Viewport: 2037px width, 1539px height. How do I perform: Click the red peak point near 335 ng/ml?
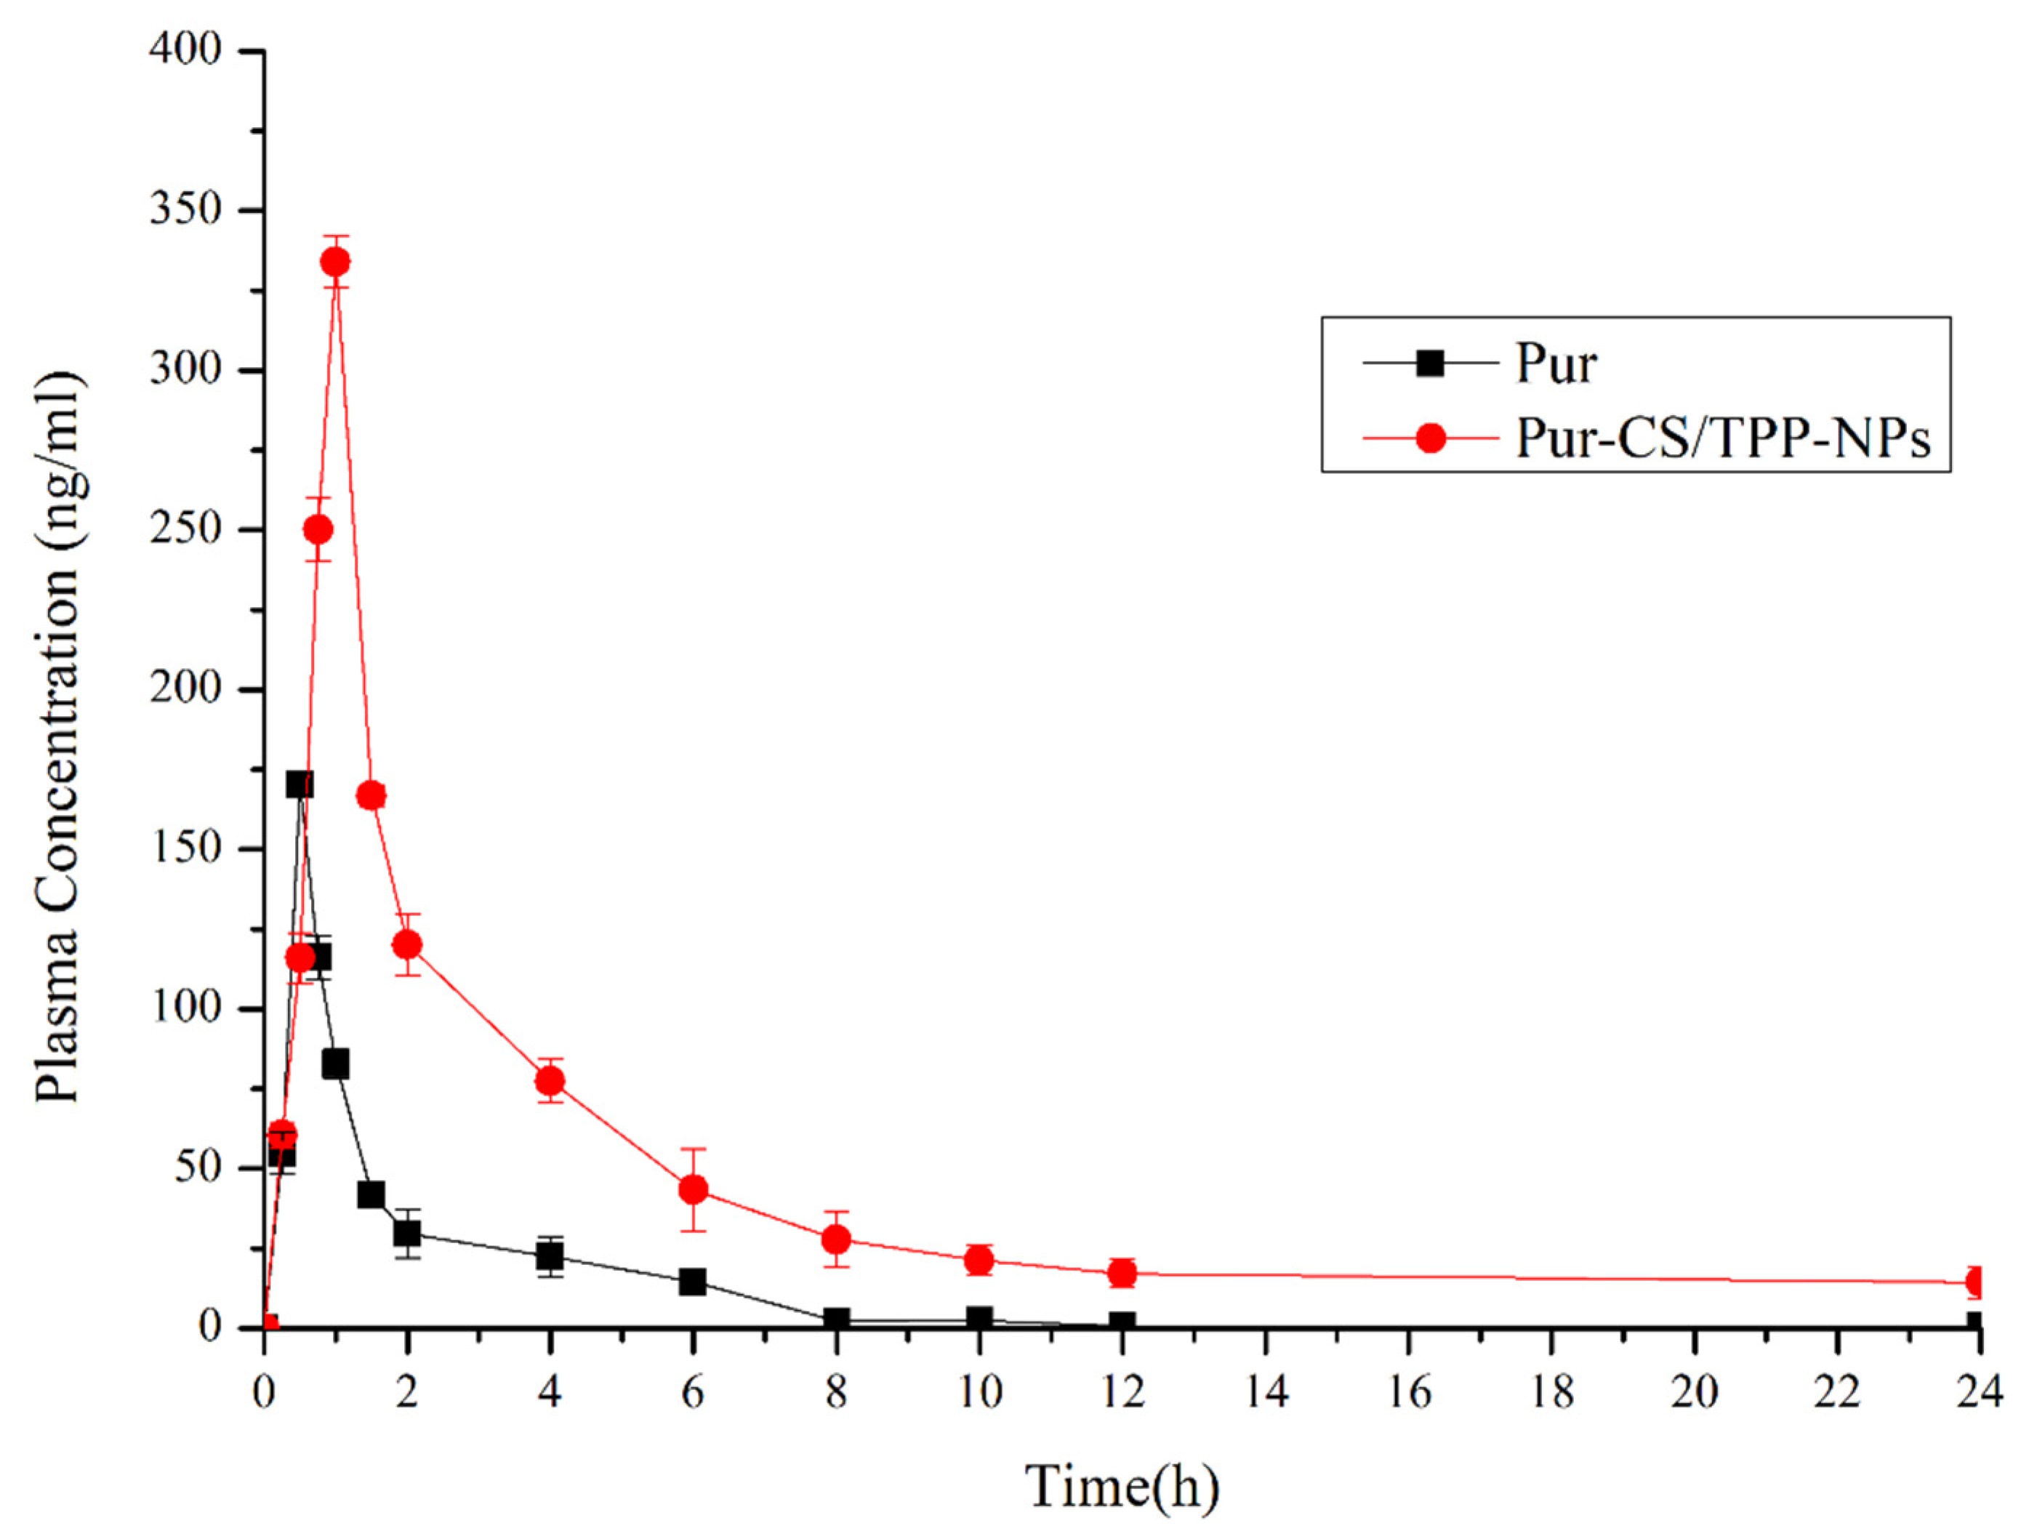tap(335, 262)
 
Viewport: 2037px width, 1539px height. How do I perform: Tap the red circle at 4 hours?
tap(550, 1080)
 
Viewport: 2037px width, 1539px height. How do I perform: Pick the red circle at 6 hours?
tap(693, 1189)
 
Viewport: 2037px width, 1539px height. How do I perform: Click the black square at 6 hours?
tap(693, 1281)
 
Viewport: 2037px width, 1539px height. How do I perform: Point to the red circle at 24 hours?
tap(1974, 1281)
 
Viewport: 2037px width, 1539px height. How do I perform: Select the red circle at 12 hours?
tap(1122, 1273)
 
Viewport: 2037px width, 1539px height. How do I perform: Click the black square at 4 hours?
tap(550, 1255)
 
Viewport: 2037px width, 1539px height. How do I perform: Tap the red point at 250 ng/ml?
tap(318, 529)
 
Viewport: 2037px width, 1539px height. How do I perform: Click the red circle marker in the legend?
tap(1430, 438)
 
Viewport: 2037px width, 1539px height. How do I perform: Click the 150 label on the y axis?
tap(186, 848)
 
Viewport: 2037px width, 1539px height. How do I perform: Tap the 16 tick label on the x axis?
tap(1409, 1391)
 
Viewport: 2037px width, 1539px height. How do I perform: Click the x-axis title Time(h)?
tap(1122, 1486)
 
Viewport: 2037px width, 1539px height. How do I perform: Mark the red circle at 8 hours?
tap(836, 1239)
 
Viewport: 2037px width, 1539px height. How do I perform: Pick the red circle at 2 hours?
tap(407, 944)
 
